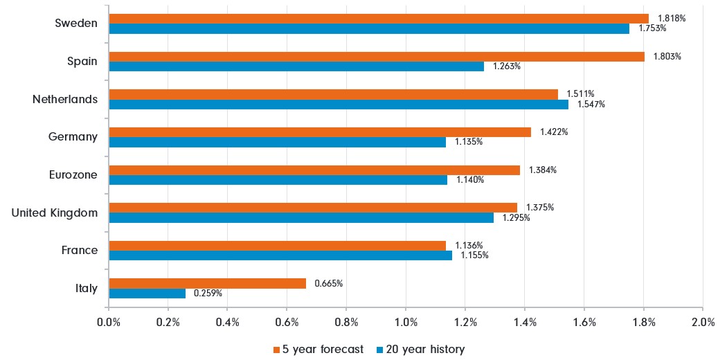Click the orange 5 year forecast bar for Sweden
coord(379,19)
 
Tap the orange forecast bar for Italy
coord(207,283)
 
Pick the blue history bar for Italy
coord(147,294)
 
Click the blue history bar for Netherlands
coord(339,105)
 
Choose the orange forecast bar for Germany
coord(320,132)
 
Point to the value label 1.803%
coord(667,57)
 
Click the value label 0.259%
coord(208,294)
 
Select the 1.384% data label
coord(543,170)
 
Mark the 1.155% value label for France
coord(474,255)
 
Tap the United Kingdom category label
coord(55,213)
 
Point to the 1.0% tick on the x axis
coord(406,322)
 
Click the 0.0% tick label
coord(109,322)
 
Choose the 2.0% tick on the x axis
coord(702,322)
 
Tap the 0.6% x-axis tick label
coord(287,322)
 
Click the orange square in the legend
coord(277,350)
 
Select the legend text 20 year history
coord(424,350)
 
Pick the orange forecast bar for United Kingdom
coord(313,208)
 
